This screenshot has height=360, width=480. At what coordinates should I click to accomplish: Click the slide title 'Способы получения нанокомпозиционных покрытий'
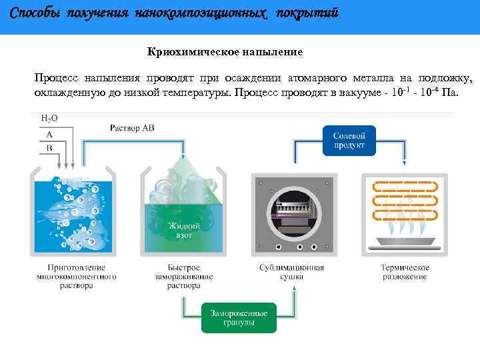tap(175, 13)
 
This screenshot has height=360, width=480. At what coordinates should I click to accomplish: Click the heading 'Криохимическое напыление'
tap(225, 51)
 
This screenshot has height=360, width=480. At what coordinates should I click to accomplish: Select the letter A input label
tap(49, 134)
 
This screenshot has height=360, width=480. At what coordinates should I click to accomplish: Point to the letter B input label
tap(49, 149)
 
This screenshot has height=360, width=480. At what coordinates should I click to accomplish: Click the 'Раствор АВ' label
tap(133, 128)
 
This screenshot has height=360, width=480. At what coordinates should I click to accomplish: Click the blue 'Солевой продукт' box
tap(349, 141)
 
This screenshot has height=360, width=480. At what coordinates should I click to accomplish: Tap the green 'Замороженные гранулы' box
tap(239, 317)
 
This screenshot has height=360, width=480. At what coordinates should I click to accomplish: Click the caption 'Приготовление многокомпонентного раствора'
tap(77, 276)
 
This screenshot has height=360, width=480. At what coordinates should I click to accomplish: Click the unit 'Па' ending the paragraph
tap(450, 91)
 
